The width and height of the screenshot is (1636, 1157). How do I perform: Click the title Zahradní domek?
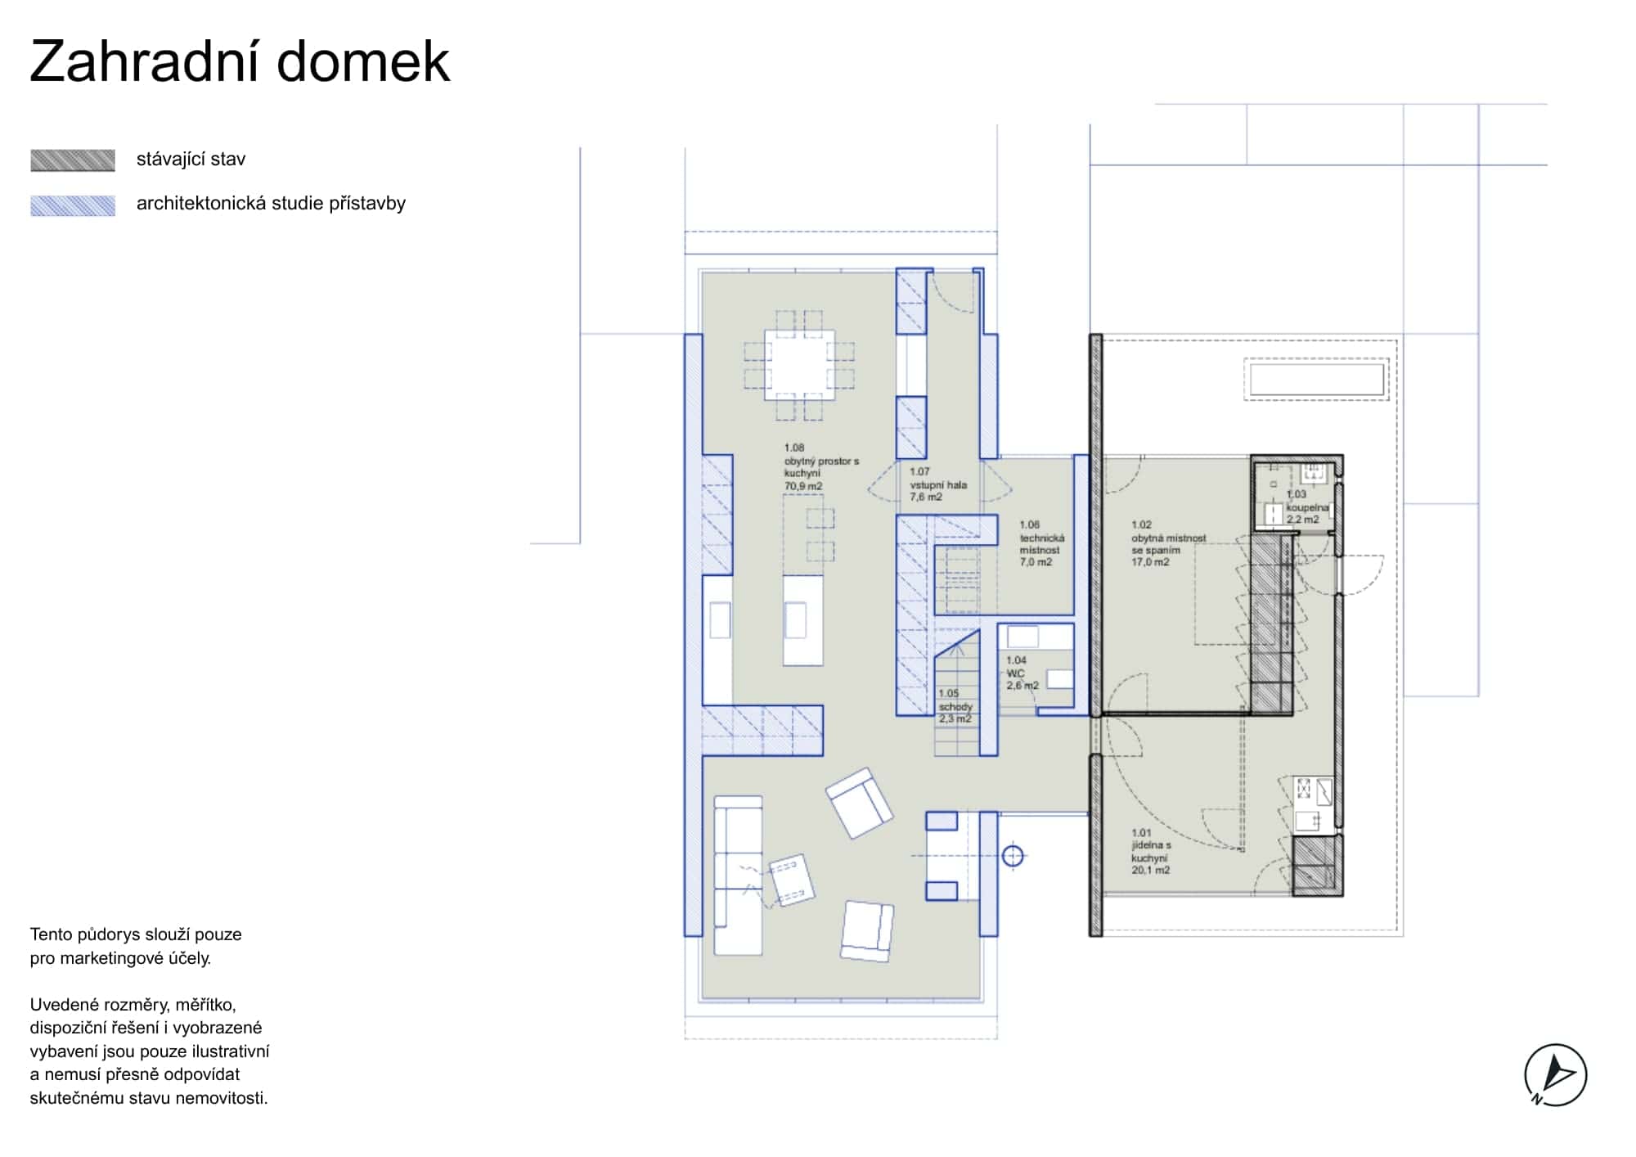(x=240, y=62)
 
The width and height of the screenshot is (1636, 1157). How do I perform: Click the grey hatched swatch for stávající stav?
(x=73, y=160)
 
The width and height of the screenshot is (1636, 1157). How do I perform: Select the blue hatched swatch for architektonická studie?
(x=73, y=205)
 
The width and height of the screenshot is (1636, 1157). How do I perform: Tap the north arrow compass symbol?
(x=1555, y=1075)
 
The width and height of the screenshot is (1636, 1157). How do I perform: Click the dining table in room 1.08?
(x=799, y=365)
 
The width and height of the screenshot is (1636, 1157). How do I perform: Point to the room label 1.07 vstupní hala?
(x=937, y=484)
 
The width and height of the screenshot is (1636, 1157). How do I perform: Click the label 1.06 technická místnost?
(x=1041, y=543)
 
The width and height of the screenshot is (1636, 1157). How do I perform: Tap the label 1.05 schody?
(x=955, y=706)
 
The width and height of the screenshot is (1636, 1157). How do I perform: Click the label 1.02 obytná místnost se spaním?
(x=1167, y=543)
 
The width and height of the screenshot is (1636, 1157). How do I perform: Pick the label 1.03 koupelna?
(x=1306, y=506)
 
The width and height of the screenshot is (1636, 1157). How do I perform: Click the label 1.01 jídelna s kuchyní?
(x=1150, y=852)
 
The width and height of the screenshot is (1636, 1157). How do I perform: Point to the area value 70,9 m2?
(x=803, y=486)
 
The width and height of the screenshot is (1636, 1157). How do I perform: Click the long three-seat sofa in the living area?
(x=738, y=876)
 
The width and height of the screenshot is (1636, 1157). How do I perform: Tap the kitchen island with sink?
(x=802, y=620)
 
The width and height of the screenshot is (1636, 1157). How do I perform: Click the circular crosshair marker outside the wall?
(x=1013, y=857)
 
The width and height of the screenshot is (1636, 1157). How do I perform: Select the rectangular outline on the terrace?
(x=1316, y=380)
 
